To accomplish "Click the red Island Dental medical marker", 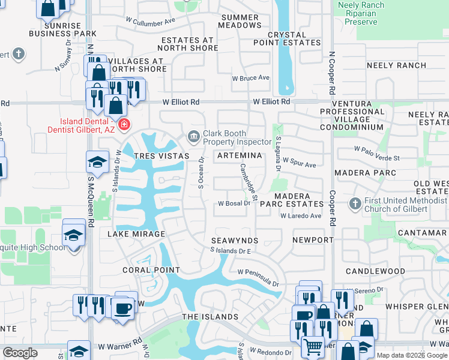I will (124, 125).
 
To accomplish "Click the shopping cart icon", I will (312, 346).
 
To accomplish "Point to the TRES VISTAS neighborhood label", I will (161, 156).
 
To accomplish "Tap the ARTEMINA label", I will (239, 155).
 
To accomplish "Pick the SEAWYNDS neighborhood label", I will (235, 240).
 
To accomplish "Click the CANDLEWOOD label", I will (375, 271).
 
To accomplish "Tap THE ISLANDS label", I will (210, 317).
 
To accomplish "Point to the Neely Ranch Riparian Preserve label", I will (361, 13).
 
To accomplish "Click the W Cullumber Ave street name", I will (150, 20).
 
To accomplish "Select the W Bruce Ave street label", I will (251, 78).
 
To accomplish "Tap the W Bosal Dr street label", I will (234, 203).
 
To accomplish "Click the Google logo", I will (20, 353).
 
